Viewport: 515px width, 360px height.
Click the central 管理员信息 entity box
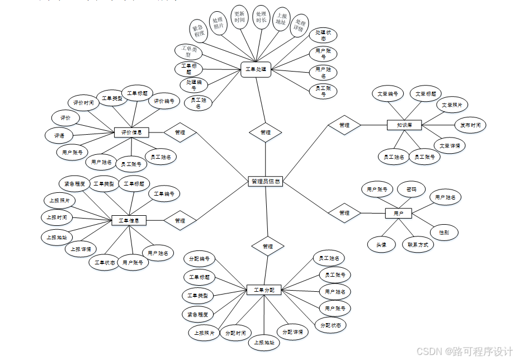[x=266, y=181]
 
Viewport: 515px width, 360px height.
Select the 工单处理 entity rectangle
[x=257, y=70]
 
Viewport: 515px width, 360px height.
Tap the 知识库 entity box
[x=404, y=125]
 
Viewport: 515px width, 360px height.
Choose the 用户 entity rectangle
[x=399, y=213]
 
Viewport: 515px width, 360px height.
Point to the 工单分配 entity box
[x=264, y=290]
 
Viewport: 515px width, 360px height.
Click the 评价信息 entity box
[x=131, y=132]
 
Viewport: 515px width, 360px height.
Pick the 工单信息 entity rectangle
[x=129, y=220]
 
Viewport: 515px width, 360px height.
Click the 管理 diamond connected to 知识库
[x=344, y=125]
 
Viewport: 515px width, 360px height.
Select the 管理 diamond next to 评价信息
[x=180, y=132]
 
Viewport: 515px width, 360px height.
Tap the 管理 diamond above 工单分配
[x=268, y=246]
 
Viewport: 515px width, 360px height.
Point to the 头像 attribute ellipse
[x=381, y=244]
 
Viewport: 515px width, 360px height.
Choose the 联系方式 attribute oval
[x=418, y=245]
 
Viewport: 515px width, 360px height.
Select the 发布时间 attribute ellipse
[x=470, y=125]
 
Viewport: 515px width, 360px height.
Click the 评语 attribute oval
[x=59, y=135]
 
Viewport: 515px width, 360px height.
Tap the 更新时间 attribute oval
[x=239, y=19]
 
